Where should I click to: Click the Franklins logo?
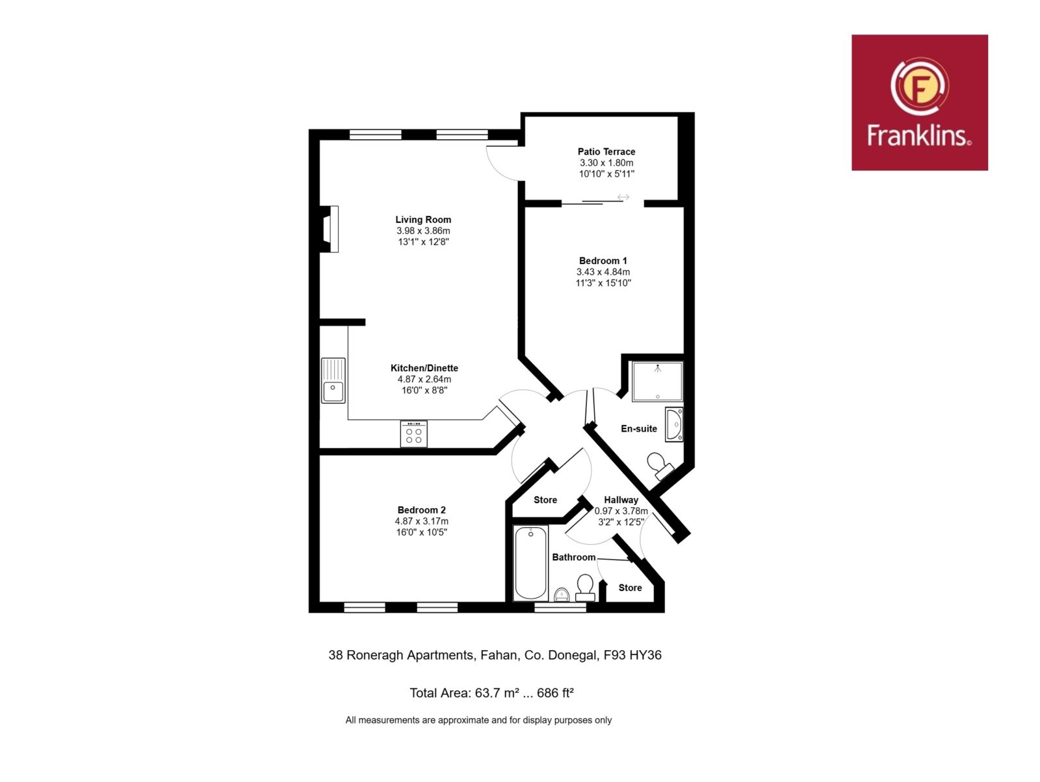[x=919, y=102]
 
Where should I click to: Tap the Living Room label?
[x=423, y=220]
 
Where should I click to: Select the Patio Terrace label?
[x=606, y=151]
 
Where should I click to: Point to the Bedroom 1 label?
[x=603, y=261]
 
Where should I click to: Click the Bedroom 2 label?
[x=421, y=510]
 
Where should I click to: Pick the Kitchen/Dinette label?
[x=424, y=368]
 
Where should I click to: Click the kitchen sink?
[x=333, y=380]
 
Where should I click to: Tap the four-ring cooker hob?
[x=413, y=434]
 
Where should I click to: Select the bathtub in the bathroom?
[x=530, y=563]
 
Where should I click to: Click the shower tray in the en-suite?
[x=657, y=382]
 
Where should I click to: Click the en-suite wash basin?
[x=674, y=424]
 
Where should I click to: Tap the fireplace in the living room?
[x=330, y=229]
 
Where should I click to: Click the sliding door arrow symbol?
[x=623, y=197]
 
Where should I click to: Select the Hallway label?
[x=621, y=500]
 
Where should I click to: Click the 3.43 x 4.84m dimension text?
[x=603, y=272]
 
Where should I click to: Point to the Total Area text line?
[x=491, y=694]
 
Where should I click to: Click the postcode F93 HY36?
[x=632, y=655]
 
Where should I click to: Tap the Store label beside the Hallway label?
[x=545, y=500]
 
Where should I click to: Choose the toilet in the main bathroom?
[x=586, y=588]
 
